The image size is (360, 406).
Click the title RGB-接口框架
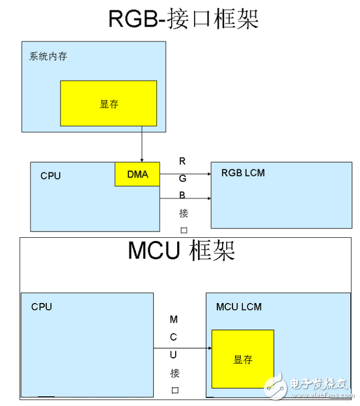click(184, 18)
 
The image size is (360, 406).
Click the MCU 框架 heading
click(181, 250)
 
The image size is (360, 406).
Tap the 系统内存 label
click(48, 56)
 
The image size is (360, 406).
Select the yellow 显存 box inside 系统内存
click(109, 104)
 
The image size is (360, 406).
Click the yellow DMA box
click(137, 174)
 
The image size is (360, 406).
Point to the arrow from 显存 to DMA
click(142, 144)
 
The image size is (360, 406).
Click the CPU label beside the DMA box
click(50, 176)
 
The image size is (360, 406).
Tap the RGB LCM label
click(243, 173)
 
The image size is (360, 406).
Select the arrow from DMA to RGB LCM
click(186, 174)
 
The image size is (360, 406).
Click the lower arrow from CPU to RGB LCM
click(186, 198)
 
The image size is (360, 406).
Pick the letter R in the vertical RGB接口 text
click(182, 161)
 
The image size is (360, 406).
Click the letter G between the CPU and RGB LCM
click(182, 178)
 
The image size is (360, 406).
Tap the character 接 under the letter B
click(184, 213)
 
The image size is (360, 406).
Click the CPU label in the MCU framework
click(42, 307)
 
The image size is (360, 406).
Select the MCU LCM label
click(239, 307)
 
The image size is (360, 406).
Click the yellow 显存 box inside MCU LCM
click(243, 359)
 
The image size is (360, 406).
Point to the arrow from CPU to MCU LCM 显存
click(182, 348)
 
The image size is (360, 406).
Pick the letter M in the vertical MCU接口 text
click(174, 319)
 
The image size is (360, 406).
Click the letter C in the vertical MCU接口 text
click(174, 337)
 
